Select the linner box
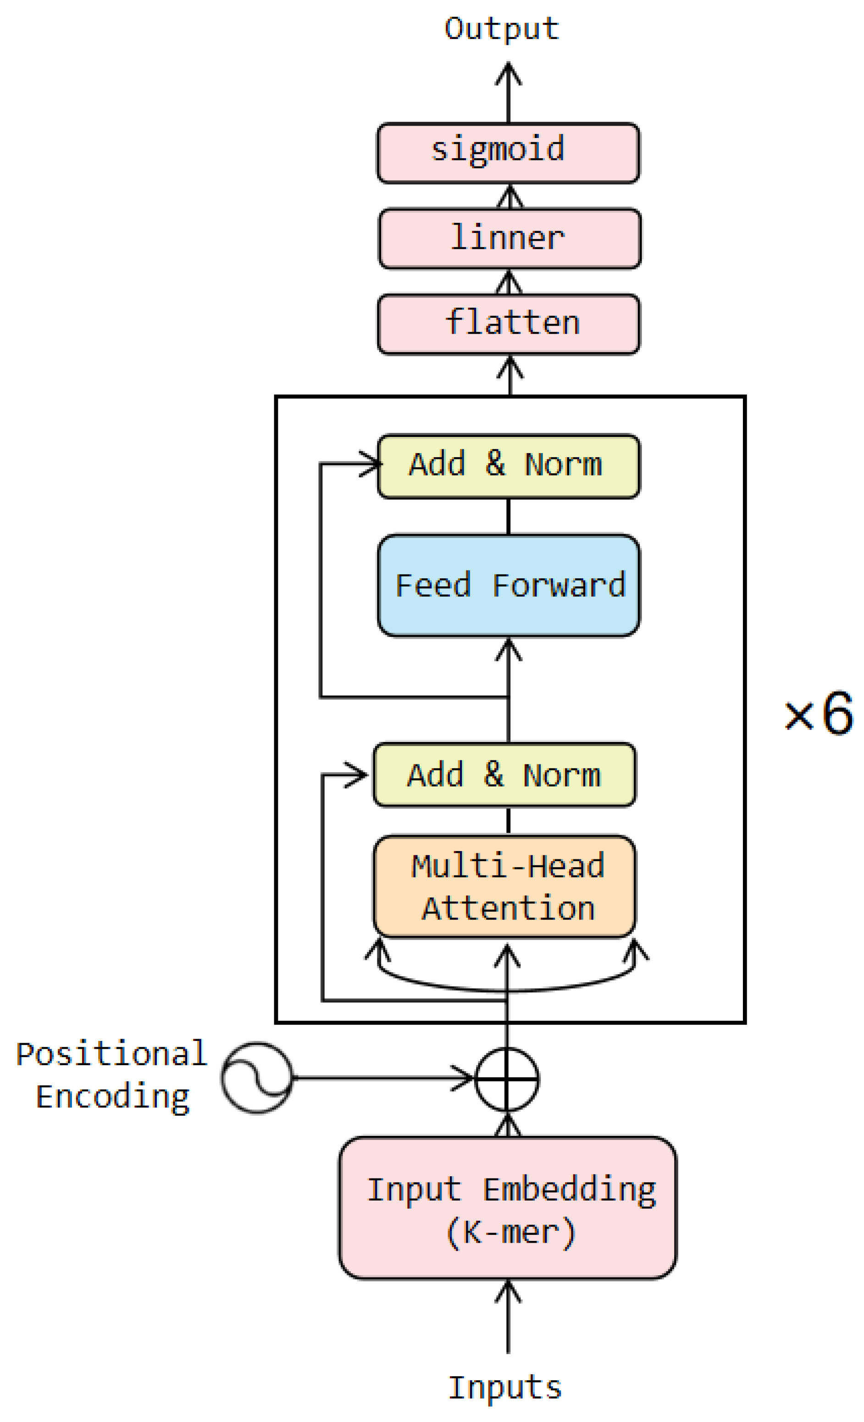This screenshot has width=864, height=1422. (509, 238)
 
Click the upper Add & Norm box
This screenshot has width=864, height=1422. (508, 466)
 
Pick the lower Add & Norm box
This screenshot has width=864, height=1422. (504, 775)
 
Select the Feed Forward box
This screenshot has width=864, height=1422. (508, 585)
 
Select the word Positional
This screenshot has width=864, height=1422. (111, 1054)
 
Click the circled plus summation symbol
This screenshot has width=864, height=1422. (507, 1079)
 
